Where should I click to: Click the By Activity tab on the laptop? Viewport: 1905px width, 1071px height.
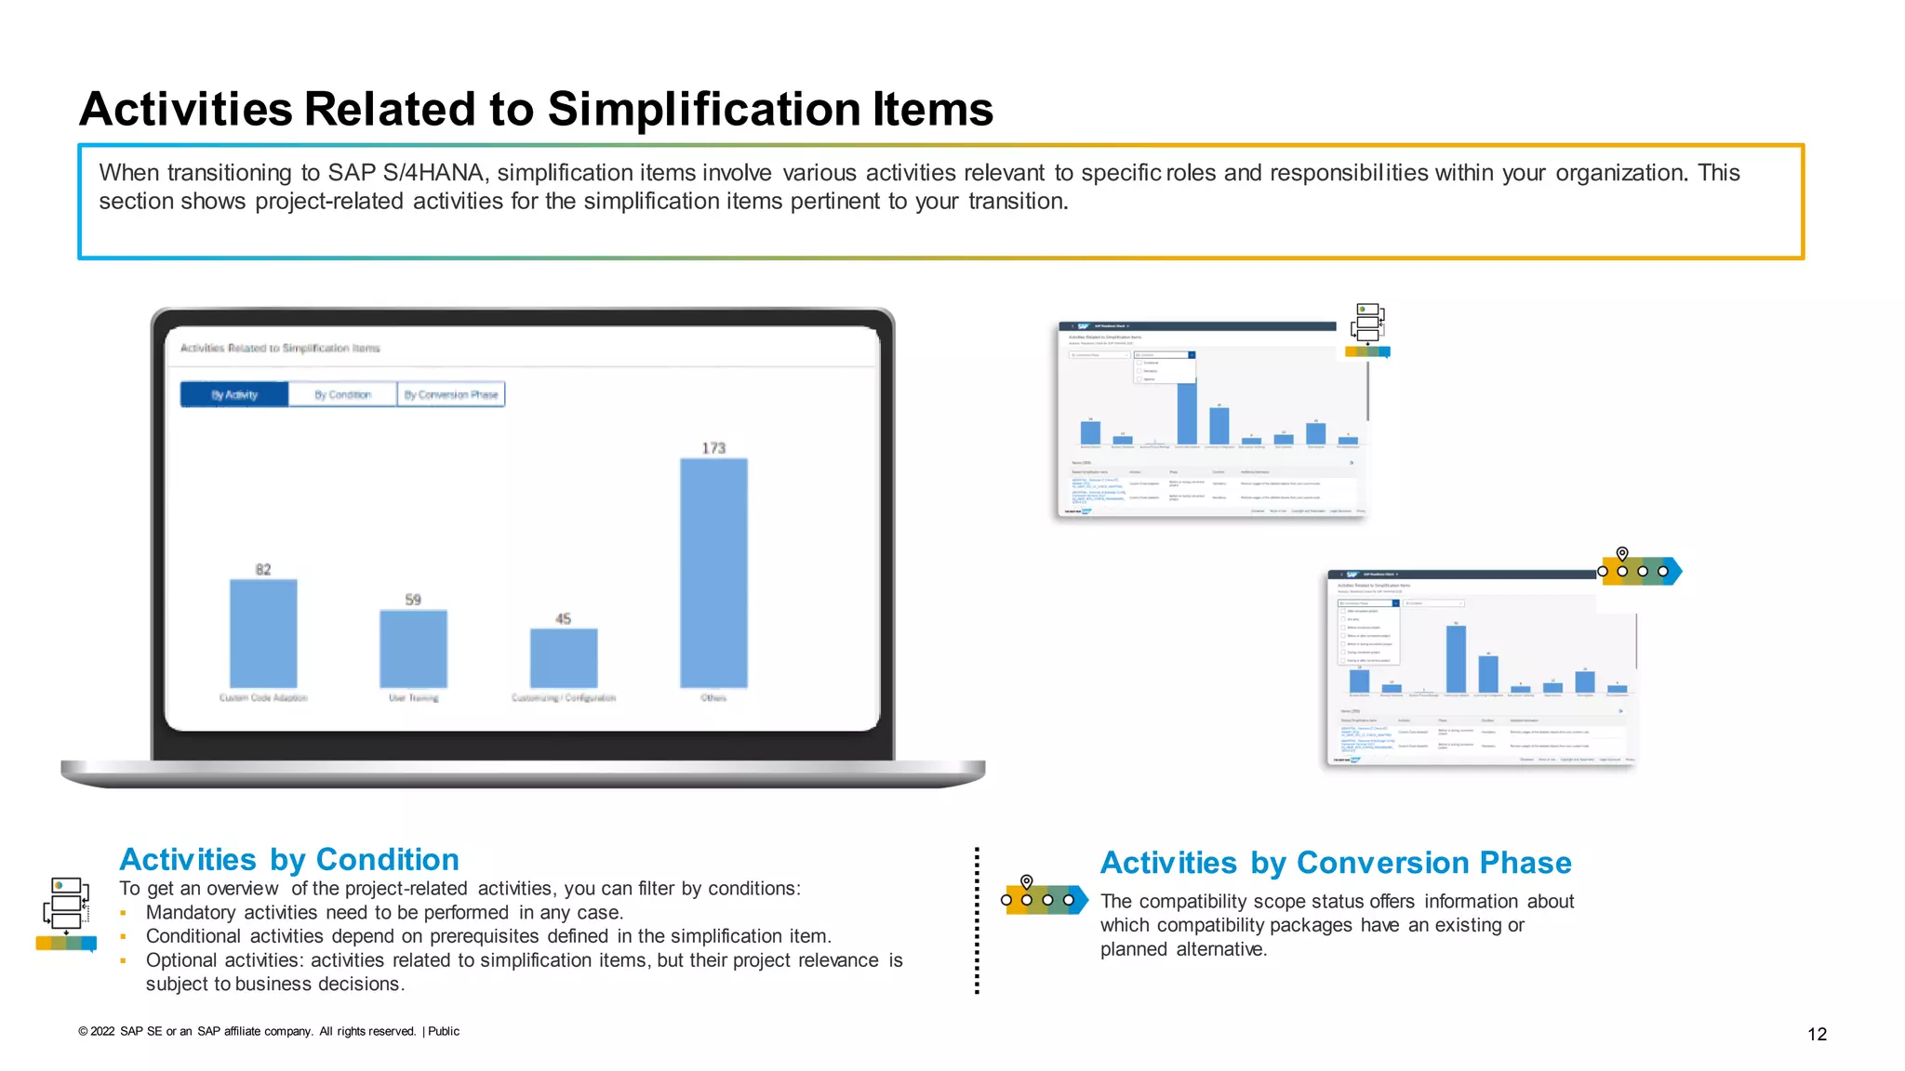click(x=234, y=395)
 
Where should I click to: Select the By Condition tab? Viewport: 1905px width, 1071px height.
click(x=342, y=395)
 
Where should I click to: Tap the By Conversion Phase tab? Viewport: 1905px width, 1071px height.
click(x=451, y=395)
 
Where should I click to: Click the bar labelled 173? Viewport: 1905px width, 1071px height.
click(x=713, y=573)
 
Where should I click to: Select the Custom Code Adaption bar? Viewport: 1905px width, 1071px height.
click(x=263, y=633)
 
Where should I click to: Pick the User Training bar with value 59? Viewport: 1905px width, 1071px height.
click(x=413, y=649)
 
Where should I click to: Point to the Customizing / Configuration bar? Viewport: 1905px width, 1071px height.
click(x=564, y=658)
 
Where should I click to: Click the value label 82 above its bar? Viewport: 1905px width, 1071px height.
click(x=263, y=569)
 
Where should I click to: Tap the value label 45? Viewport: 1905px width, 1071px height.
click(x=564, y=618)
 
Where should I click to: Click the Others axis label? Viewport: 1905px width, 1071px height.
click(x=713, y=697)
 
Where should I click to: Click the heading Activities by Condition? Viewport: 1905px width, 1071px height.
click(x=289, y=859)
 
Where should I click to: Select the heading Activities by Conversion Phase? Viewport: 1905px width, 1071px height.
click(x=1336, y=863)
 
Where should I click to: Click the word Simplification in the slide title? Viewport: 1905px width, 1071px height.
click(x=704, y=109)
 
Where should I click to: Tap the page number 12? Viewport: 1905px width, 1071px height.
click(x=1817, y=1034)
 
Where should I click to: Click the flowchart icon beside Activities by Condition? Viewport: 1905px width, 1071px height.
click(x=67, y=914)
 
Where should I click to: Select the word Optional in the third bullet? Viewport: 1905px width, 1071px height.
click(x=182, y=960)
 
